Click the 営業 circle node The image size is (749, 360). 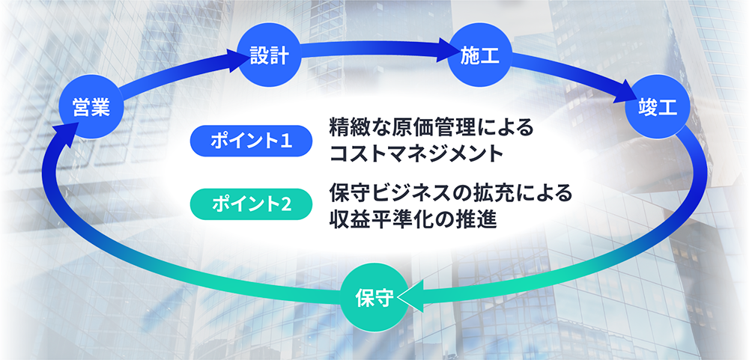point(91,106)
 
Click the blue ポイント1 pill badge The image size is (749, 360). point(251,141)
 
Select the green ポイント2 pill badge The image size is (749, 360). point(251,204)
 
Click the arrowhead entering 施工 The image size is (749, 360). point(447,49)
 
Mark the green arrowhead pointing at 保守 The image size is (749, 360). point(410,296)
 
